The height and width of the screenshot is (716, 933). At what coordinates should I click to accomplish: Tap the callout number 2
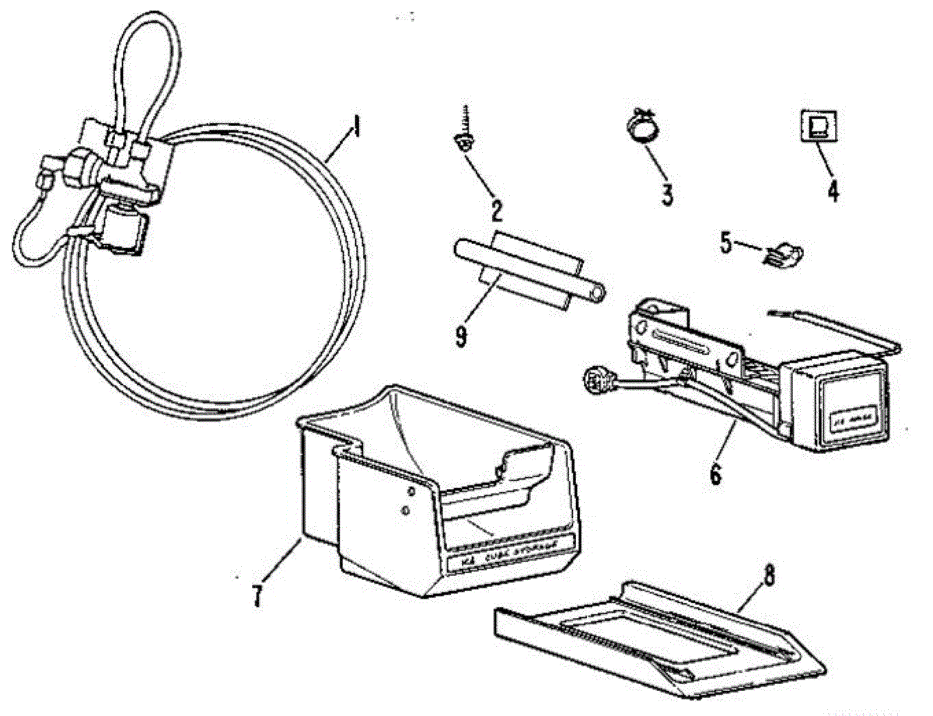coord(496,209)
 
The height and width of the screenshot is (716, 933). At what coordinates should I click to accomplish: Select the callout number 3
coord(666,194)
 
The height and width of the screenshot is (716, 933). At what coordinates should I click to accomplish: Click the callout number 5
coord(725,243)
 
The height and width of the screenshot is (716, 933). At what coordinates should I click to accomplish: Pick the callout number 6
coord(715,471)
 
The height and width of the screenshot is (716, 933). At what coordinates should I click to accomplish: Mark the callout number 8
coord(769,576)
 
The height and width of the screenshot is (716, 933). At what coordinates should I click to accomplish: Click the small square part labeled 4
coord(817,127)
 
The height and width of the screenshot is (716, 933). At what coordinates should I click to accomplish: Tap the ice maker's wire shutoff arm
coord(840,327)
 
